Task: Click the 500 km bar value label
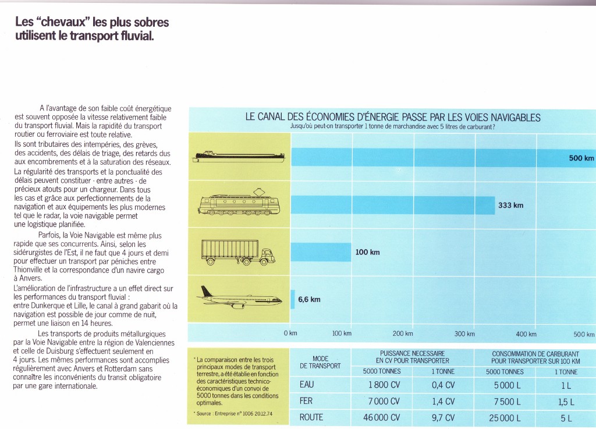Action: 581,158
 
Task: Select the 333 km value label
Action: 510,205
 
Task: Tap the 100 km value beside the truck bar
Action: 367,252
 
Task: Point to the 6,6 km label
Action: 309,300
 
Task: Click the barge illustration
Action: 239,157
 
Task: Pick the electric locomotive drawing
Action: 239,203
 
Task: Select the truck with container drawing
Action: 239,251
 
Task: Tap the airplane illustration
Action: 239,297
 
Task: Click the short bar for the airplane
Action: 293,299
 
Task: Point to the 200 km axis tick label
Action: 402,334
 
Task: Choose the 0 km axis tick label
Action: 290,334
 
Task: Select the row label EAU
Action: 307,385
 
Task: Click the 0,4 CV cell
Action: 443,385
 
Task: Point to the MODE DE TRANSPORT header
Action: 321,362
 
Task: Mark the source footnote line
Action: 233,413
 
